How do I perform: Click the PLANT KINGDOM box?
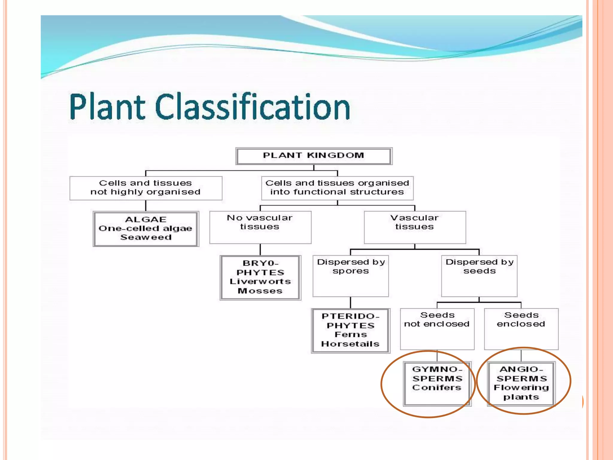[314, 156]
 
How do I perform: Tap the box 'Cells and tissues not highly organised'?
[146, 188]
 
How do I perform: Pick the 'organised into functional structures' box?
[337, 188]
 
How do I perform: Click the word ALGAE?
[146, 220]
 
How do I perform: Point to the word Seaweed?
[146, 237]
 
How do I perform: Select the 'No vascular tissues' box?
[260, 227]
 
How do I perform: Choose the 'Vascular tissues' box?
[415, 227]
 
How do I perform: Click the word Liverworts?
[260, 282]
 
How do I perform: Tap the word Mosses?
[260, 291]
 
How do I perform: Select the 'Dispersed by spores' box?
[350, 276]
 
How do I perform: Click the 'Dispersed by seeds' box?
[479, 276]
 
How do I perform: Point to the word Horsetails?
[350, 344]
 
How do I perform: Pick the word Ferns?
[350, 335]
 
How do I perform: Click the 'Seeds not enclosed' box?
[437, 329]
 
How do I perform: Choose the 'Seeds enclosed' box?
[521, 329]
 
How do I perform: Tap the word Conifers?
[437, 388]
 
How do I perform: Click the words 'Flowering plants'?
[521, 392]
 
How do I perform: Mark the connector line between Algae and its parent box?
[146, 206]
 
